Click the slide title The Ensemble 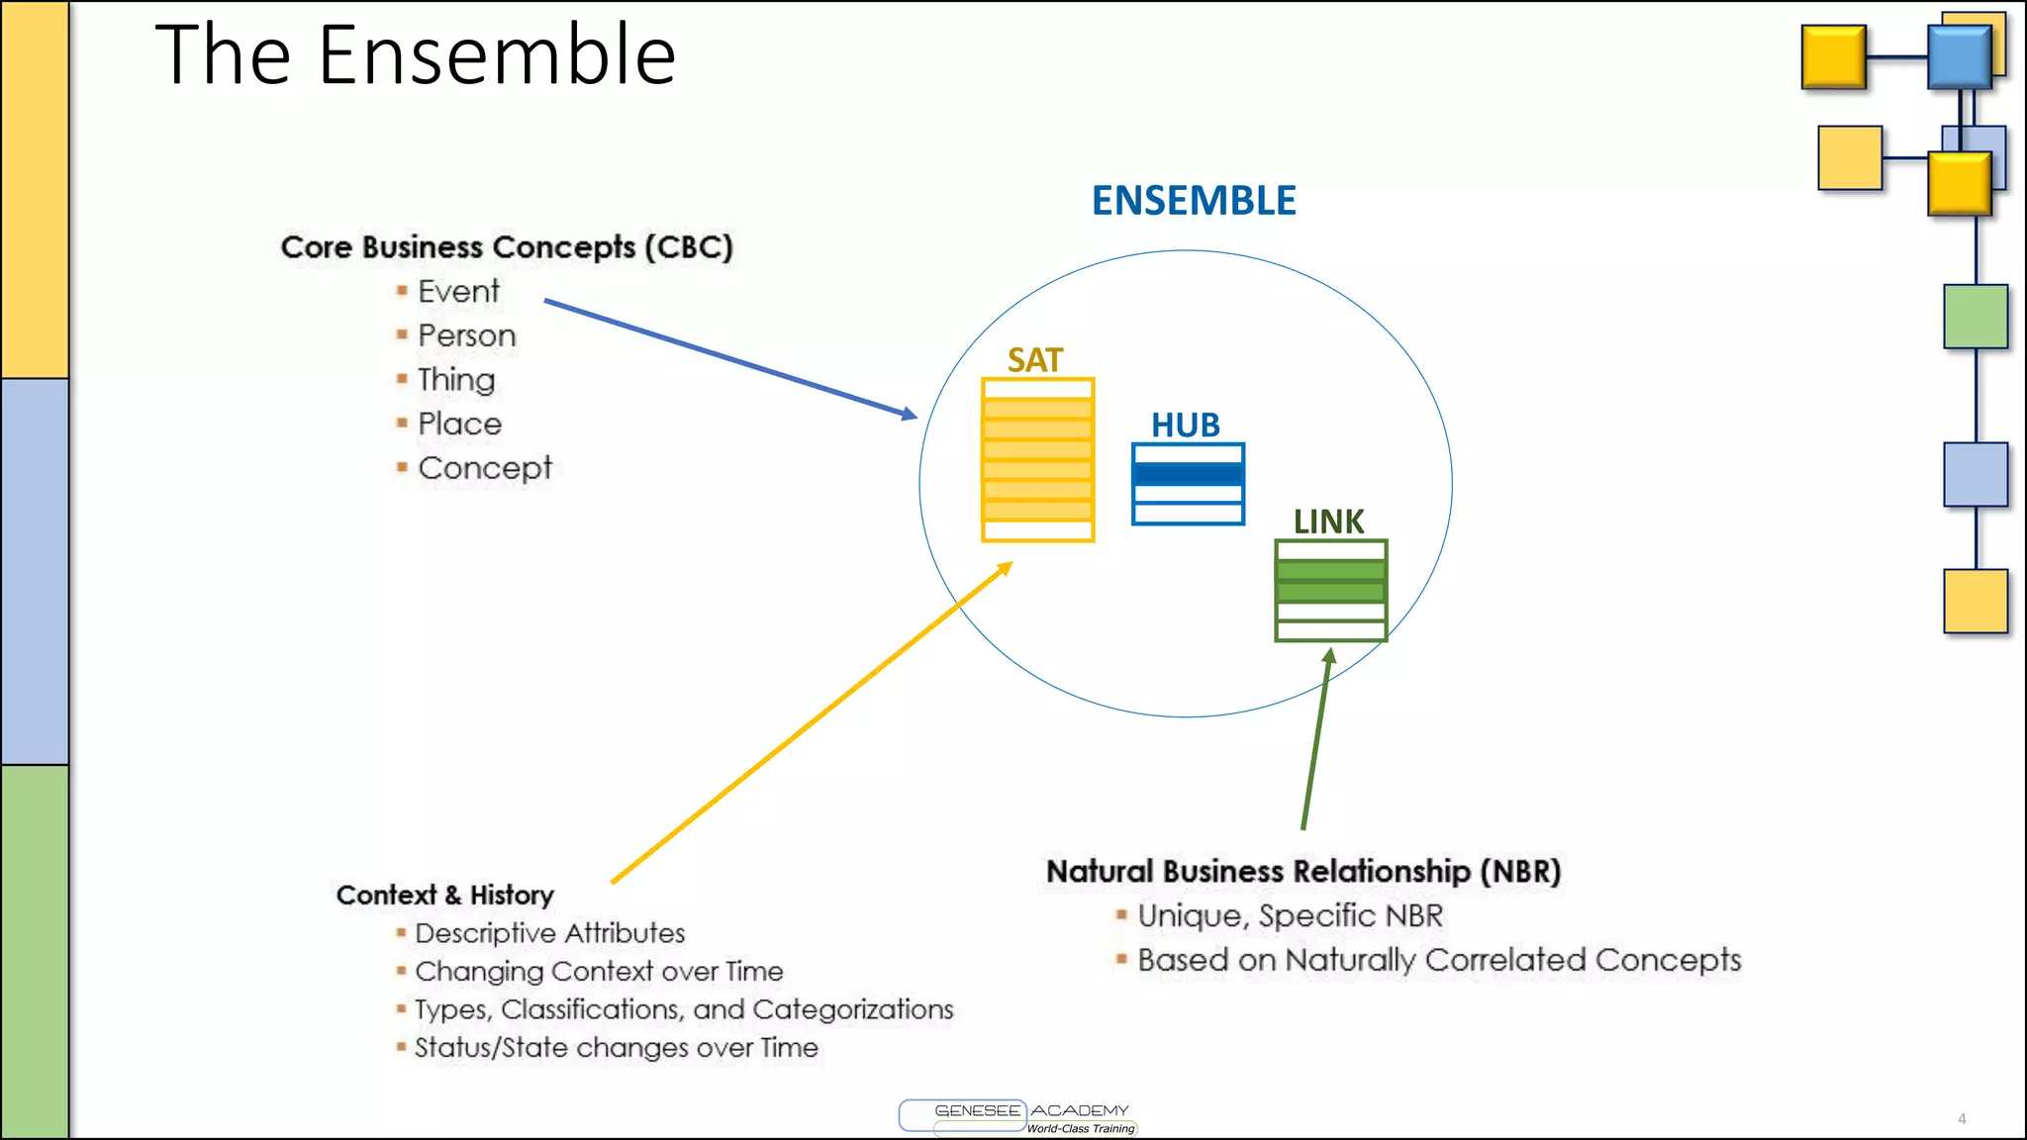(416, 55)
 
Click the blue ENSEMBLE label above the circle (1193, 201)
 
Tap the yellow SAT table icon (1037, 460)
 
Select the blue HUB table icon (1188, 484)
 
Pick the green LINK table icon (1330, 591)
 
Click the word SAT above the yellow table (1034, 360)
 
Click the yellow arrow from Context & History (812, 723)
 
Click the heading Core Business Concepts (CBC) (506, 247)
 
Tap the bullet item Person (466, 335)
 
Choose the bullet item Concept (484, 468)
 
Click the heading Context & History (444, 895)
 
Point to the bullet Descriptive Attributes (549, 933)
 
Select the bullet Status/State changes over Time (616, 1048)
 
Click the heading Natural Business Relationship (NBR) (1303, 872)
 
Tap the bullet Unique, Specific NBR (1290, 916)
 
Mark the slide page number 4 (1961, 1119)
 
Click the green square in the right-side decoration (1975, 317)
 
